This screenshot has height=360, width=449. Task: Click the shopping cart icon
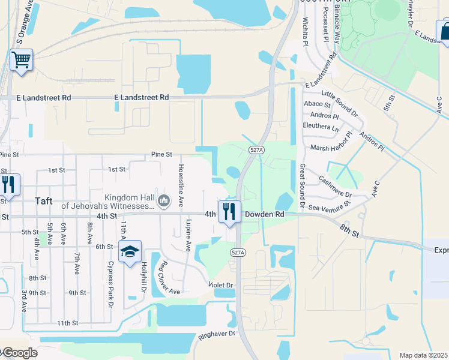coord(21,61)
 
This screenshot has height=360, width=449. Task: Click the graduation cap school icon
coord(129,253)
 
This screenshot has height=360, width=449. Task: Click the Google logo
coord(19,353)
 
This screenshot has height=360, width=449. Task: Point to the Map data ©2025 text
coord(424,355)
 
